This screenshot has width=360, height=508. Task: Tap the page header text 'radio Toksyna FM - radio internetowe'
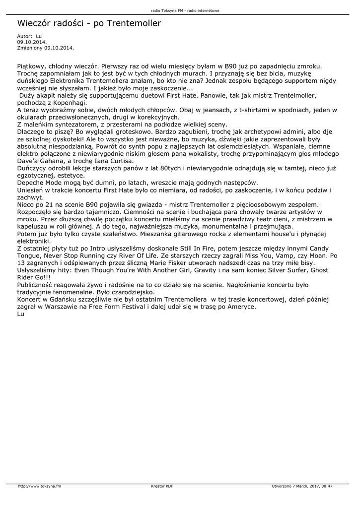(180, 10)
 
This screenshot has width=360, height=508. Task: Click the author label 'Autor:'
(25, 37)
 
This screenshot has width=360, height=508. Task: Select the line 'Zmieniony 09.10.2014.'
(46, 48)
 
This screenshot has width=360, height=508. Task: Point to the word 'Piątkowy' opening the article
(32, 65)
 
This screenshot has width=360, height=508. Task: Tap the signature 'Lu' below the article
(20, 314)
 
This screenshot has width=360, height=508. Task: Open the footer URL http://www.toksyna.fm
(40, 486)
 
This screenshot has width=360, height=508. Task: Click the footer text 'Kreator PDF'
(162, 486)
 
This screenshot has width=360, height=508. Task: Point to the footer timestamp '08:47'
(326, 486)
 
